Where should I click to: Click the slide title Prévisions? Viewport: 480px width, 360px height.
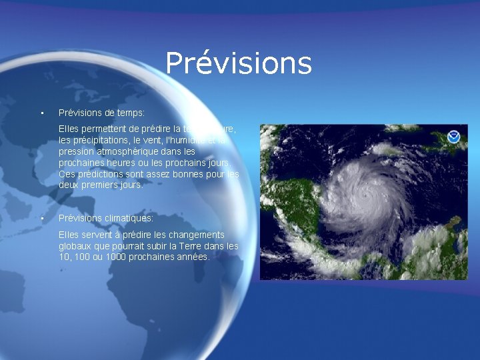click(239, 63)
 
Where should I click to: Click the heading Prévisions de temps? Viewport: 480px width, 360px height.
click(101, 113)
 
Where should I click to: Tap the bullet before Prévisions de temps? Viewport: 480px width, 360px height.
click(41, 113)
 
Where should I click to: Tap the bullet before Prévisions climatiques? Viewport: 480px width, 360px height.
click(41, 218)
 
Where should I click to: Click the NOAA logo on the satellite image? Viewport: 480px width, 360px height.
click(454, 137)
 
